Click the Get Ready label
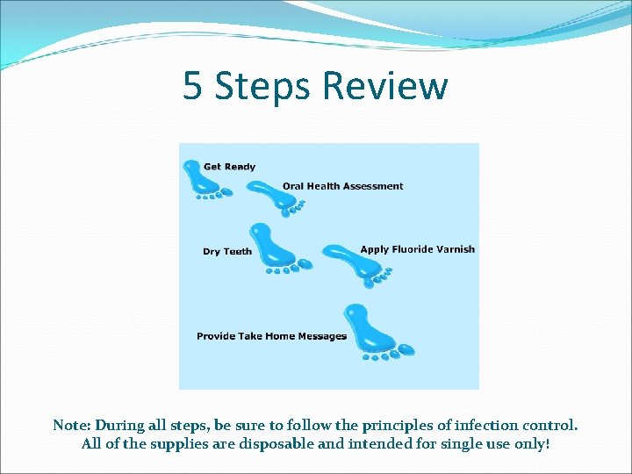coord(229,167)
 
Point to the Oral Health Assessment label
coord(342,186)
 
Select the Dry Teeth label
coord(226,252)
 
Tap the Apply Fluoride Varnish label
coord(417,249)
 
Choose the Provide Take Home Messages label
coord(271,336)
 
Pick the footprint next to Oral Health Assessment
coord(273,196)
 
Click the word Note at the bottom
coord(73,425)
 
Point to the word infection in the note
coord(481,425)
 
